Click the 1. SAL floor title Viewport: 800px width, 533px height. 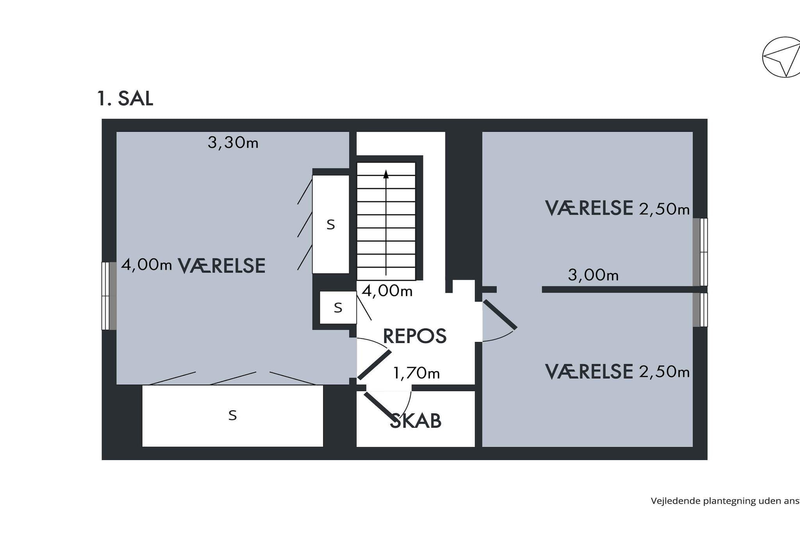(x=125, y=98)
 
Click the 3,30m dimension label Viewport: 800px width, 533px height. (x=233, y=143)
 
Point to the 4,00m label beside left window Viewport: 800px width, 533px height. (x=146, y=265)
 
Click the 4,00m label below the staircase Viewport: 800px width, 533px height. (x=387, y=291)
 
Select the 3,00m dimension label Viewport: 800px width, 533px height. (x=593, y=275)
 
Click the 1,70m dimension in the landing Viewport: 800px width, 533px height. (x=416, y=374)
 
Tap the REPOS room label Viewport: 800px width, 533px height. (x=414, y=336)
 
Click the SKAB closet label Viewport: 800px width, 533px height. (x=416, y=421)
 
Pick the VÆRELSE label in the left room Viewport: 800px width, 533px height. (x=221, y=266)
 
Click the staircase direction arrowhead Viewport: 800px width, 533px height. (x=386, y=174)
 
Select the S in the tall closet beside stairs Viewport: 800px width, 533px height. (x=330, y=225)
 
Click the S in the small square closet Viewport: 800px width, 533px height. (x=338, y=308)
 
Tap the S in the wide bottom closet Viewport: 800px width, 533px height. (x=232, y=415)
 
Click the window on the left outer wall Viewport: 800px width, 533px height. (x=109, y=296)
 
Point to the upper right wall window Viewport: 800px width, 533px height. (x=700, y=252)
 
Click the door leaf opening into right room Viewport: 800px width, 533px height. (x=500, y=315)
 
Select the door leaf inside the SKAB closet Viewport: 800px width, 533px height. (x=378, y=405)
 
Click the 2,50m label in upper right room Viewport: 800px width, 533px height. (x=664, y=210)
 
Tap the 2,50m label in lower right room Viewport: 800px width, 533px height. (x=664, y=372)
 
